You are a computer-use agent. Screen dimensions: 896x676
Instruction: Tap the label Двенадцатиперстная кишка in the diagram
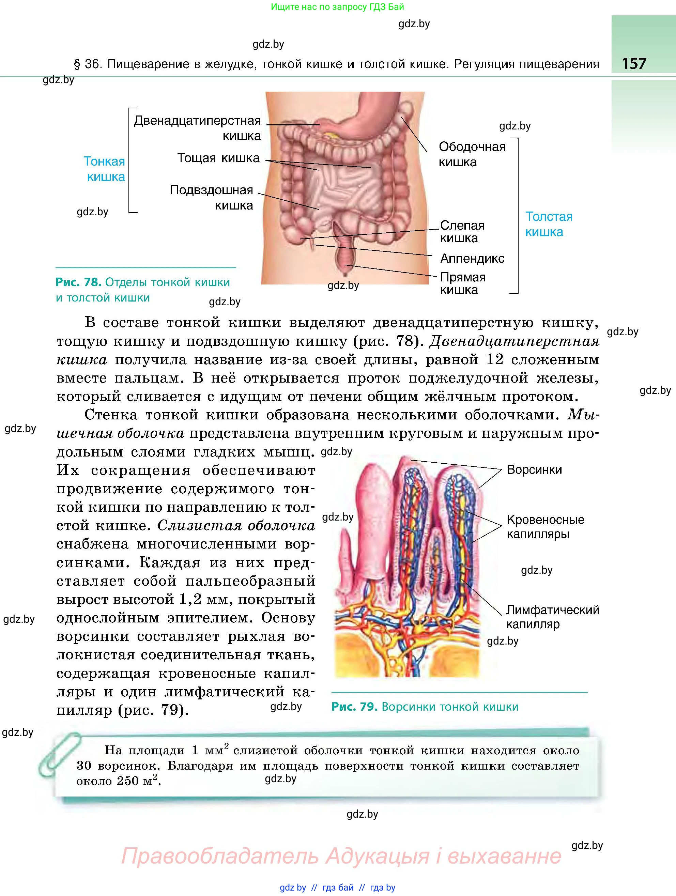click(198, 128)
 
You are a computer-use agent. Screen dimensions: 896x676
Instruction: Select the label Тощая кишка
click(218, 158)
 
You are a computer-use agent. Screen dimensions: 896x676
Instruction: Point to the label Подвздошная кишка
click(212, 197)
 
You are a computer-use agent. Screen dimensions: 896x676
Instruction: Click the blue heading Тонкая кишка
click(105, 169)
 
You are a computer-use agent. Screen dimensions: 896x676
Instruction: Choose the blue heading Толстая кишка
click(549, 224)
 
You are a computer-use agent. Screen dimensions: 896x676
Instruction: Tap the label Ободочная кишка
click(472, 154)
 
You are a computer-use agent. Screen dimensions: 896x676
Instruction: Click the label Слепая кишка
click(462, 231)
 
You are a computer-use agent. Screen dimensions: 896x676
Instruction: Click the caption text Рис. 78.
click(78, 282)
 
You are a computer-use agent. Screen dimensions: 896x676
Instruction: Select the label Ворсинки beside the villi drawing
click(534, 470)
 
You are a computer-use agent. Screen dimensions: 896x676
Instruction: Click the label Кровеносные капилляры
click(545, 527)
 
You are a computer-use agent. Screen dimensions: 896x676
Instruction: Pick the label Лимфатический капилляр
click(552, 617)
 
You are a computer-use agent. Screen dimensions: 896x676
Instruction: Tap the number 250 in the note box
click(128, 782)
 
